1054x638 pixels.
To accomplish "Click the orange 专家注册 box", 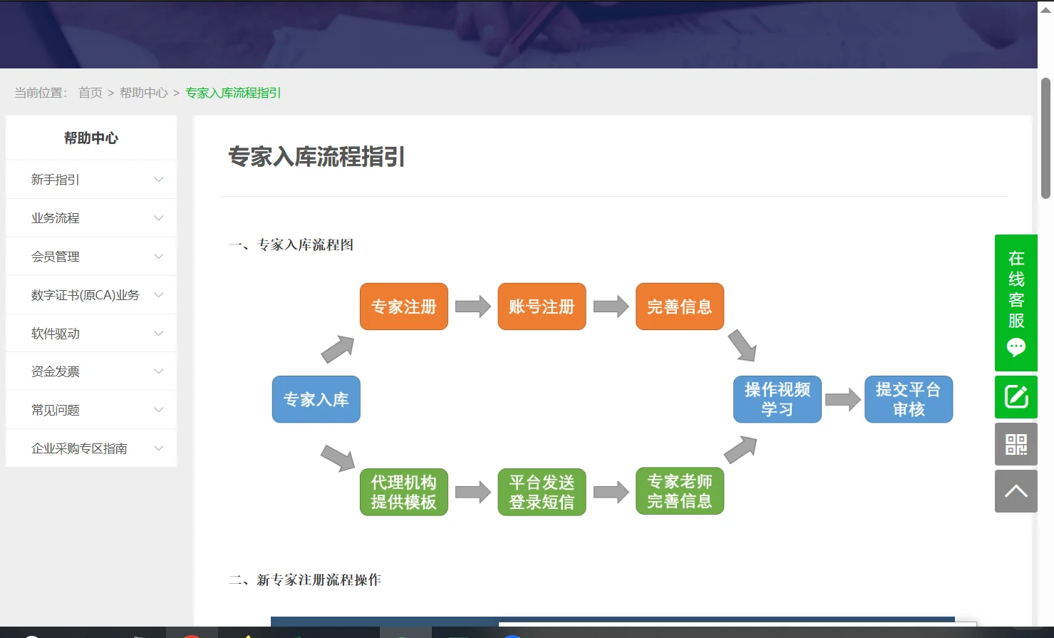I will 403,307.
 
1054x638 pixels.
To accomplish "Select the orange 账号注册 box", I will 542,307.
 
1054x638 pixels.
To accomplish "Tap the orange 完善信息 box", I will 679,307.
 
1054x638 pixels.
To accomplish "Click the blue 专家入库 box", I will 316,399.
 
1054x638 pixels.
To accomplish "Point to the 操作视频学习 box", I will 777,399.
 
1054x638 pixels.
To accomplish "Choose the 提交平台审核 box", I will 908,399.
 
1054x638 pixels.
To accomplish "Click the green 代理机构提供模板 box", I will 403,492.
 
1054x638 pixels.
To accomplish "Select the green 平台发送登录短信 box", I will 542,492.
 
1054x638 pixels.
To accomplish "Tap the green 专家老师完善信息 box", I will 679,492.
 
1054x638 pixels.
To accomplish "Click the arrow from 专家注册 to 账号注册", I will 472,307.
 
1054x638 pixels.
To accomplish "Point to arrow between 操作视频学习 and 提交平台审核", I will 842,399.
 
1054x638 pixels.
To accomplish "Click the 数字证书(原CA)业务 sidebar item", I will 86,295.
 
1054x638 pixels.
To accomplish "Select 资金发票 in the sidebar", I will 56,371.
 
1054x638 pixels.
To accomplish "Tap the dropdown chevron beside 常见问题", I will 159,410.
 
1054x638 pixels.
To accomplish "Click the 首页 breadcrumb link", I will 91,93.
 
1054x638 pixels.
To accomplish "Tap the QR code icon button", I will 1016,444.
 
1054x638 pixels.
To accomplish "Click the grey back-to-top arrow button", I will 1016,491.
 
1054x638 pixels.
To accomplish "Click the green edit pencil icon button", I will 1016,396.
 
